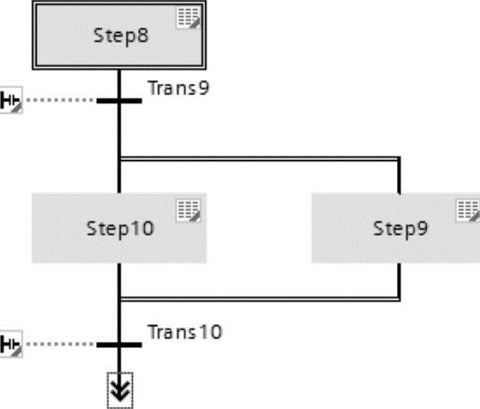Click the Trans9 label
click(178, 87)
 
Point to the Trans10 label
click(185, 332)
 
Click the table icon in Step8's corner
click(188, 18)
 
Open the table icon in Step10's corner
click(188, 210)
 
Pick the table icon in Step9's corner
click(468, 210)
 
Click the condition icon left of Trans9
click(11, 100)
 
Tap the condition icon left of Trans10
click(11, 344)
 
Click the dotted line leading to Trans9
click(61, 100)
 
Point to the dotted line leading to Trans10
click(61, 344)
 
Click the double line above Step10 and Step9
click(259, 159)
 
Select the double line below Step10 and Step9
click(259, 298)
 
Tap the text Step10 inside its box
click(119, 227)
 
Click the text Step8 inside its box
click(121, 35)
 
